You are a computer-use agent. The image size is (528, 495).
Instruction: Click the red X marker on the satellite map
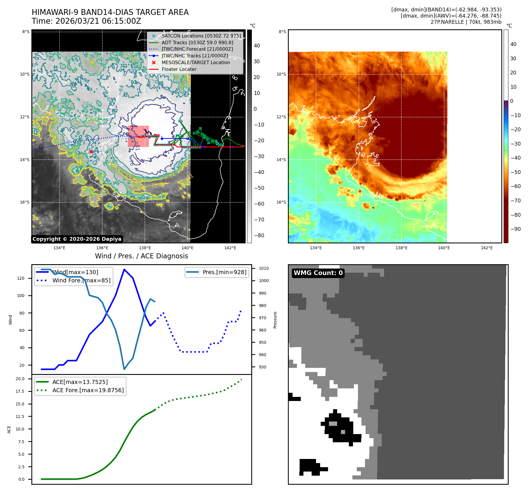point(91,152)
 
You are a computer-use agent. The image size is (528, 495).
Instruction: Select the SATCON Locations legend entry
point(201,36)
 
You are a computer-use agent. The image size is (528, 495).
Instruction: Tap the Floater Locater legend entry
point(179,69)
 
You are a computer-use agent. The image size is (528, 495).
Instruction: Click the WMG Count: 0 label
point(318,273)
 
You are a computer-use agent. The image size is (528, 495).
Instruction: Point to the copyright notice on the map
point(77,239)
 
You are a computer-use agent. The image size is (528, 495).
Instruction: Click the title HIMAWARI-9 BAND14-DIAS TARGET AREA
point(110,12)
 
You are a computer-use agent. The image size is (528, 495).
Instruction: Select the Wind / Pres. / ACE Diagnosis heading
point(141,256)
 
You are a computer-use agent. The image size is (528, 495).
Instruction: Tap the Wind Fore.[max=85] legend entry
point(81,280)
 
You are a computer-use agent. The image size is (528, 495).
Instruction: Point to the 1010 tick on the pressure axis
point(264,268)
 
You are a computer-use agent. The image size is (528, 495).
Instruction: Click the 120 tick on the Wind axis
point(21,278)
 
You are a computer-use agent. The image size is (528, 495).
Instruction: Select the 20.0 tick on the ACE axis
point(20,379)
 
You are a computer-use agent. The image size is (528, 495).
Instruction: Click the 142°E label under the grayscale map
point(230,248)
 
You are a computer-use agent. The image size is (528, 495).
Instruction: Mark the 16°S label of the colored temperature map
point(281,202)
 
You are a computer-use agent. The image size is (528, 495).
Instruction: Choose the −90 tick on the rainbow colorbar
point(515,229)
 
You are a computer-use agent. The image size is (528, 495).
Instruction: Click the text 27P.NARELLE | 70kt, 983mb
point(466,22)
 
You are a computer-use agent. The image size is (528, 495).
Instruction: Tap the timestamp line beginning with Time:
point(86,21)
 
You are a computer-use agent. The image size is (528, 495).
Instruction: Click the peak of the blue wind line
point(124,269)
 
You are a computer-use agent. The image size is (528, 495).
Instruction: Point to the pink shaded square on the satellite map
point(138,136)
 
